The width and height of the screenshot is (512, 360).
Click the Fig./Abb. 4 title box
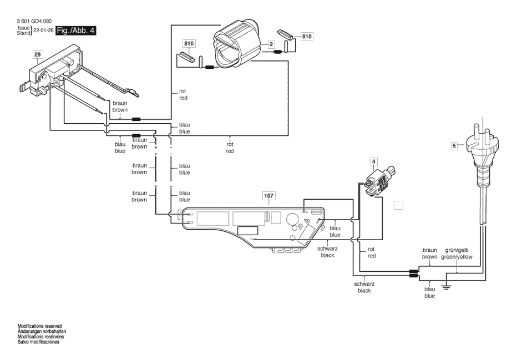(76, 31)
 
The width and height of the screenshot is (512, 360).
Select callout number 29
(38, 54)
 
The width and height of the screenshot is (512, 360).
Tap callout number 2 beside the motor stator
(271, 44)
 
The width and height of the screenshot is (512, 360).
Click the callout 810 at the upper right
(307, 36)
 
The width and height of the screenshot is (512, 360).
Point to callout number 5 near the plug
(454, 146)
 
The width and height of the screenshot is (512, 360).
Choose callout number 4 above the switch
(373, 161)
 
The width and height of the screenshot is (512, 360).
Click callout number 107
(268, 196)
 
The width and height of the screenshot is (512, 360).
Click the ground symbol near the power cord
(445, 287)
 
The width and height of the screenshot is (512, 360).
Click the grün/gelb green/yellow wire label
(457, 253)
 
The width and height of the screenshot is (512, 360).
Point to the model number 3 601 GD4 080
(34, 21)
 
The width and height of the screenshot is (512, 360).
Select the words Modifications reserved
(39, 326)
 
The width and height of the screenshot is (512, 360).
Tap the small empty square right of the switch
(399, 205)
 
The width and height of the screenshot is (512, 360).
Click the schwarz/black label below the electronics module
(327, 252)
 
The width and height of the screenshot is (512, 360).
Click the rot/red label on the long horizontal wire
(230, 148)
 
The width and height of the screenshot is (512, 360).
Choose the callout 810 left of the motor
(189, 44)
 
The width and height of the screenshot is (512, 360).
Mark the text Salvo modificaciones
(38, 342)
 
